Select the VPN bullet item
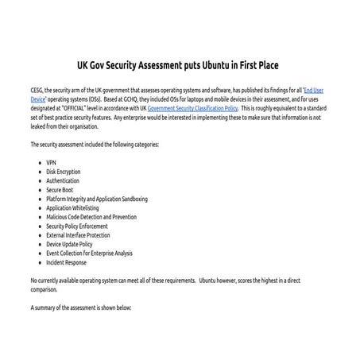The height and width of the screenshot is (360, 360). (x=51, y=162)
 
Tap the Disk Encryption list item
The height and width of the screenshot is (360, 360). (x=64, y=172)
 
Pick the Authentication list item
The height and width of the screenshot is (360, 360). (x=62, y=180)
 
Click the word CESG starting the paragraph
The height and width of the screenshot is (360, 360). (x=38, y=91)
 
